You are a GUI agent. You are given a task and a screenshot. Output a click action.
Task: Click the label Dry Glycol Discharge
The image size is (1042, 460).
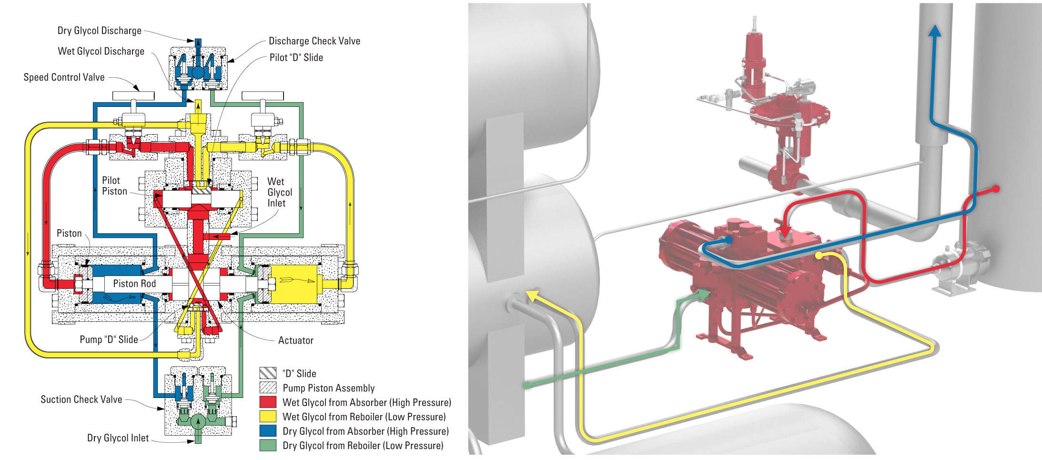(x=99, y=31)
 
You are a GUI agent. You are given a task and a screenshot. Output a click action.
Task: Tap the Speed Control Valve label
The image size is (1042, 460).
(x=64, y=77)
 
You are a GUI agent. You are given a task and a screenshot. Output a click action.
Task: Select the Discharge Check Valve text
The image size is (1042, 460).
(x=314, y=41)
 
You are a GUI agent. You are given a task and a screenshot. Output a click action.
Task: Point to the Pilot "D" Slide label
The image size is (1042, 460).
(x=296, y=58)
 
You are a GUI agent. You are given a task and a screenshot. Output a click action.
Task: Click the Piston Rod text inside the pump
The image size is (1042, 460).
(x=134, y=283)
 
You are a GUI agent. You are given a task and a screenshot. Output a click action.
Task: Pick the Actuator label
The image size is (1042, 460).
(x=295, y=340)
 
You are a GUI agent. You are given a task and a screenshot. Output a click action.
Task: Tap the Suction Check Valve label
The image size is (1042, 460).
(x=81, y=399)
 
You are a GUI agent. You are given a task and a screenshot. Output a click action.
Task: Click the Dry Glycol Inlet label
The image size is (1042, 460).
(x=118, y=438)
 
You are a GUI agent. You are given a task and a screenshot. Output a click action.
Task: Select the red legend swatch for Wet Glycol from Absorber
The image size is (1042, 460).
(x=268, y=402)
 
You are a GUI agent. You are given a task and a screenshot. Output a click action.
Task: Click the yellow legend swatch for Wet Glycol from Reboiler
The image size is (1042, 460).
(x=268, y=416)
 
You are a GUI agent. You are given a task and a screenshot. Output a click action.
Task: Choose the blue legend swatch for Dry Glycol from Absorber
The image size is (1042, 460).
(x=268, y=430)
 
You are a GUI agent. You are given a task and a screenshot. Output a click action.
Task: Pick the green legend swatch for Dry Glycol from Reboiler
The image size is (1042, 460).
(x=268, y=445)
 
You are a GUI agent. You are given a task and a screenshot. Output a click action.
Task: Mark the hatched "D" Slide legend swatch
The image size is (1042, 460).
(x=268, y=373)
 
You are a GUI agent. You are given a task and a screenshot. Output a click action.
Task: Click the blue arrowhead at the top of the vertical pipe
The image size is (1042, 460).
(x=935, y=31)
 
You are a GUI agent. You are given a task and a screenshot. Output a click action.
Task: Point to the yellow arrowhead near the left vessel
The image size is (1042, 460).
(x=533, y=295)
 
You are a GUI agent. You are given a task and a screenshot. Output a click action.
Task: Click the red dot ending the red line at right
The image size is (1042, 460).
(x=996, y=189)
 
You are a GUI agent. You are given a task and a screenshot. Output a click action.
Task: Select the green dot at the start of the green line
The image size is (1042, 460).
(x=527, y=385)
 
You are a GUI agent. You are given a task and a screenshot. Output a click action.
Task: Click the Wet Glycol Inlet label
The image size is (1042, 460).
(x=279, y=192)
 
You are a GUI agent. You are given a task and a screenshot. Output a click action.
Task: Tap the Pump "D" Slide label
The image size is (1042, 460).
(x=109, y=339)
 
